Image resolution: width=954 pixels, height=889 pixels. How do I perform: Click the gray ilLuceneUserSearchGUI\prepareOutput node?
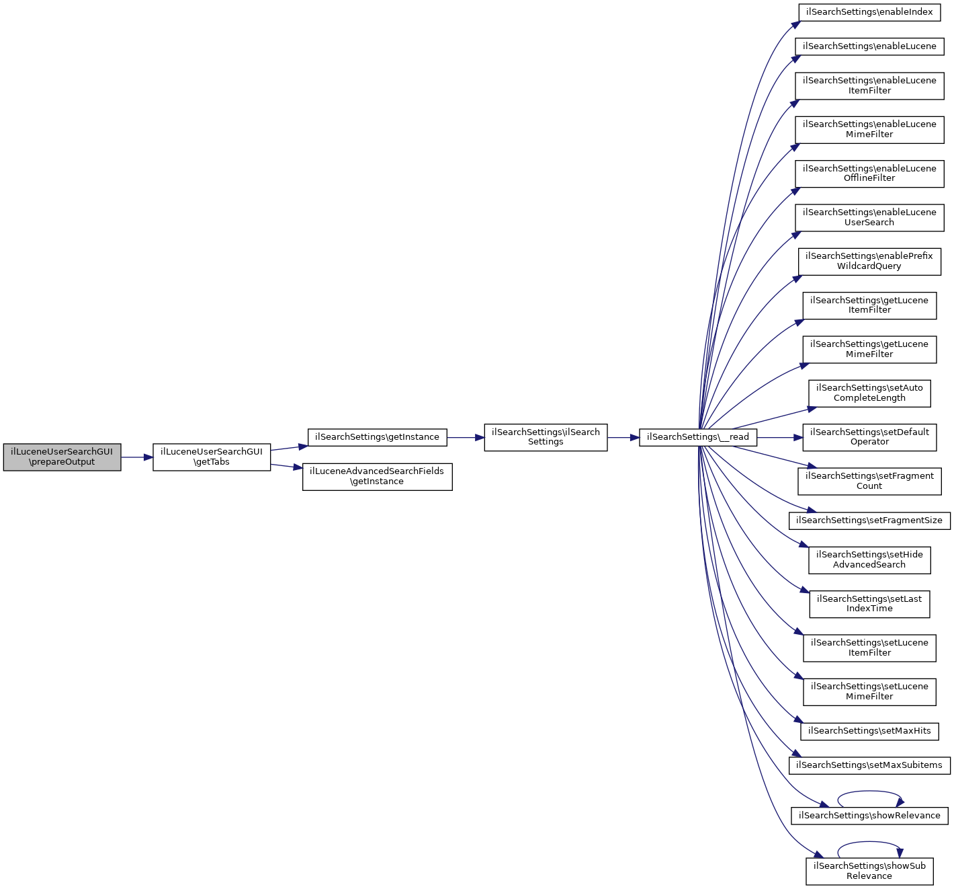point(62,457)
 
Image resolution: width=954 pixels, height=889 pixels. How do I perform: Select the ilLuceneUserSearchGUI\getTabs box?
point(212,457)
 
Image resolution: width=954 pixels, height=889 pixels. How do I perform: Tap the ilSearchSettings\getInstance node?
point(377,437)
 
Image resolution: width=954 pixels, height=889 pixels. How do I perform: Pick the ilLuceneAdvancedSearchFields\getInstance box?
point(377,477)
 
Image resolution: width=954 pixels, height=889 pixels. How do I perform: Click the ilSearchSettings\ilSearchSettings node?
point(546,437)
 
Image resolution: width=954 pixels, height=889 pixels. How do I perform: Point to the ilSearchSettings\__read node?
point(697,437)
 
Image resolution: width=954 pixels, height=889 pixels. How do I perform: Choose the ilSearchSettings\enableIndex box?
point(869,12)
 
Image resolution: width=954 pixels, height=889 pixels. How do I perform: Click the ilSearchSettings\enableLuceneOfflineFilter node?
point(869,173)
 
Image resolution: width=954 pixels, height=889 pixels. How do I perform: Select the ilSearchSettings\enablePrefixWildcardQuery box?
point(869,262)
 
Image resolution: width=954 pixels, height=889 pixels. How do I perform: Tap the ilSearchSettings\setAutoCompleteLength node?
point(869,393)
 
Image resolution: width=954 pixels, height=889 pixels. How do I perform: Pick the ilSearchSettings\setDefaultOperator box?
point(869,437)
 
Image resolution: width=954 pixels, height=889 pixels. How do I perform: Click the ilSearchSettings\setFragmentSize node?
point(869,520)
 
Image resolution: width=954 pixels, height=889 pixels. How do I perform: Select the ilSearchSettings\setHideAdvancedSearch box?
point(869,560)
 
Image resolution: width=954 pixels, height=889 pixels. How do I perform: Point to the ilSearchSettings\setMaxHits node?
point(869,731)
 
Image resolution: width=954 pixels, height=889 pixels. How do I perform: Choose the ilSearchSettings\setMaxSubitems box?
point(869,765)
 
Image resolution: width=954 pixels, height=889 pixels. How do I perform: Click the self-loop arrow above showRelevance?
point(869,792)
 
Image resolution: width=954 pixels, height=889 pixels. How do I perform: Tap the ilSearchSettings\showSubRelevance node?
point(869,872)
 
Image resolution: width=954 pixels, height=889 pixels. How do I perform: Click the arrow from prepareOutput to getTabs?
point(136,457)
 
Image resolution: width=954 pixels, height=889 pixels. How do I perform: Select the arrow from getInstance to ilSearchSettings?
point(465,437)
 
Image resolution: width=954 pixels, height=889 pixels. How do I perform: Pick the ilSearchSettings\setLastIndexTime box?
point(869,604)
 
